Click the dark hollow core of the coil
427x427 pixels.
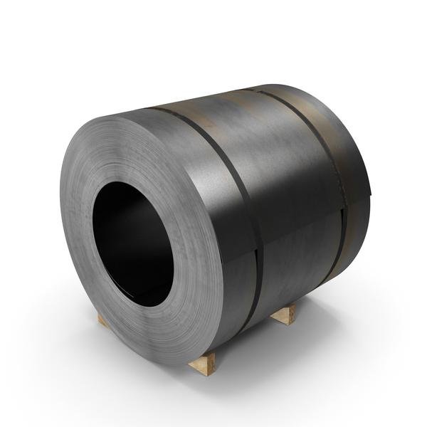pyautogui.click(x=132, y=242)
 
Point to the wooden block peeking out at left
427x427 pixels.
pyautogui.click(x=104, y=321)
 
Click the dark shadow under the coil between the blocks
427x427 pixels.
pyautogui.click(x=242, y=342)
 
